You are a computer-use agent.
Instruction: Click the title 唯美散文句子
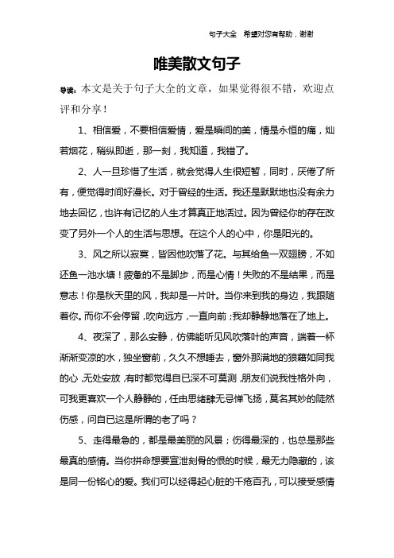pos(196,63)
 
